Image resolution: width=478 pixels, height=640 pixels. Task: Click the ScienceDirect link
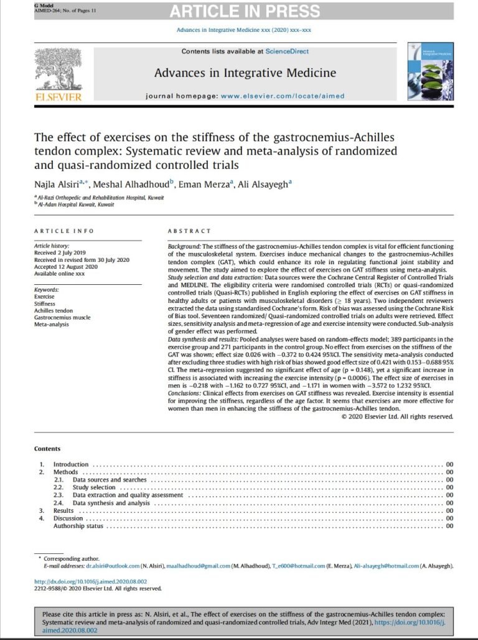(287, 51)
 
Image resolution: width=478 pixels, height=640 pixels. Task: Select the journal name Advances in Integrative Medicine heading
(245, 73)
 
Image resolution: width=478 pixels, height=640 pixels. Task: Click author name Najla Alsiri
(56, 184)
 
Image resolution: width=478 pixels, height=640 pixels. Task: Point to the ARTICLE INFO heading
(64, 231)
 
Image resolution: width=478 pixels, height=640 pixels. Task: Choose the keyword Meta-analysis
(52, 324)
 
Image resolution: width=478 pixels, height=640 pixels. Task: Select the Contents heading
(47, 449)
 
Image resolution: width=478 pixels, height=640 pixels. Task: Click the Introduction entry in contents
(70, 465)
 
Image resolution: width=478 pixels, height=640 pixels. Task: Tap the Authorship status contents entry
(78, 526)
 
